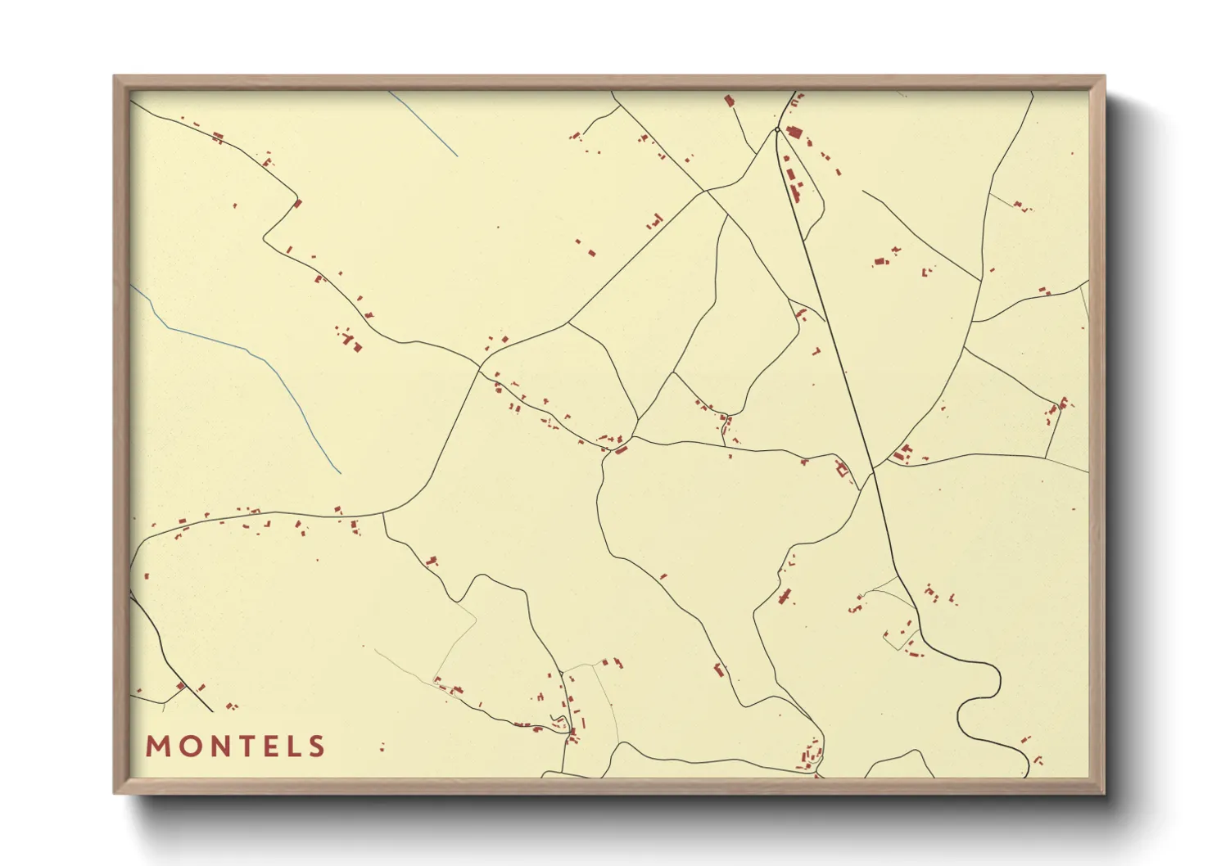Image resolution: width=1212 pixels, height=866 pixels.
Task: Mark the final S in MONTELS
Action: (x=315, y=746)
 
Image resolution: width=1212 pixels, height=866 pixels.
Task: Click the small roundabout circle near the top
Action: (x=777, y=129)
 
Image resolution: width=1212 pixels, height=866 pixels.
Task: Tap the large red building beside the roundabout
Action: (x=793, y=132)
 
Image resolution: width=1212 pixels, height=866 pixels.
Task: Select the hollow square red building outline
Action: (x=841, y=469)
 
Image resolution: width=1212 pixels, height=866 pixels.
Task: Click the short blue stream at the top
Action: (x=423, y=123)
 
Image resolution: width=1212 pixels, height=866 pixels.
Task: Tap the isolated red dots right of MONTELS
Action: (x=382, y=747)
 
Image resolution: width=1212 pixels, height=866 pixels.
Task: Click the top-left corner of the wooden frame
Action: (x=115, y=78)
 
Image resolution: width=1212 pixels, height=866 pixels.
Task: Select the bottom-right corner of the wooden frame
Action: (x=1103, y=792)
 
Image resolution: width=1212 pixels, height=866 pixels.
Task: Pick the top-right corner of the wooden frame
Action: (x=1103, y=78)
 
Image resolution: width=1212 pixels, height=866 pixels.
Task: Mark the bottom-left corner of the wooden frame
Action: (x=115, y=792)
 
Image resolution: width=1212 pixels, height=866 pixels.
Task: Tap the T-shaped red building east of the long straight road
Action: (x=903, y=452)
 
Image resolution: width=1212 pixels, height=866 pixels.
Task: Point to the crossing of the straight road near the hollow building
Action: (x=873, y=472)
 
